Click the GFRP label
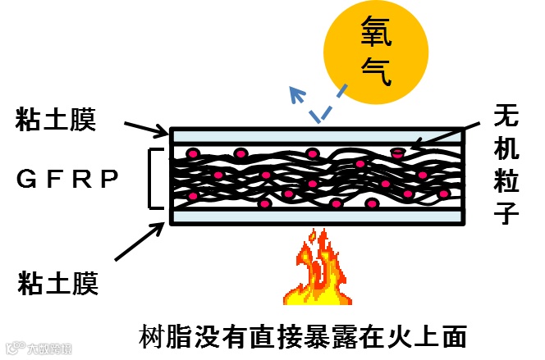pos(68,177)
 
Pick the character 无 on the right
pos(507,116)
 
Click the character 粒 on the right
pos(507,181)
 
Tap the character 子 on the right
pos(507,214)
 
